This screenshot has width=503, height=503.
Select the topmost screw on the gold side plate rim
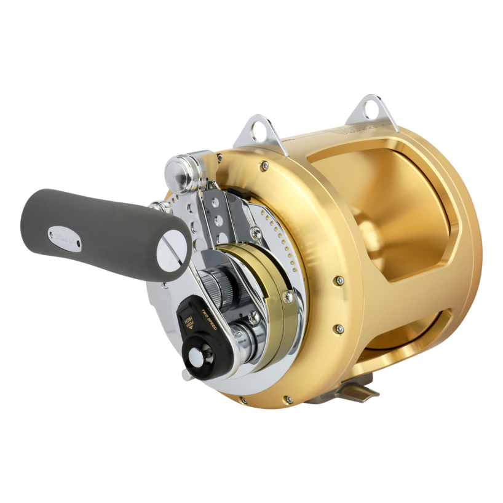pyautogui.click(x=264, y=164)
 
